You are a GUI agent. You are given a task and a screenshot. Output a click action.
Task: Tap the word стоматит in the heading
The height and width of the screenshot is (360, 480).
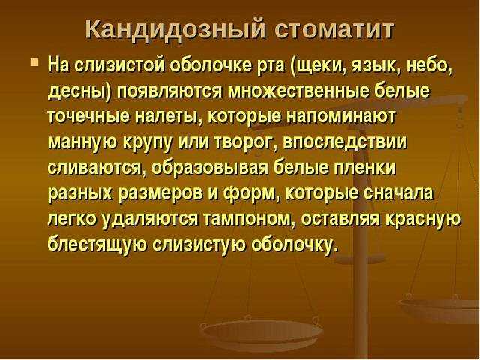(x=333, y=30)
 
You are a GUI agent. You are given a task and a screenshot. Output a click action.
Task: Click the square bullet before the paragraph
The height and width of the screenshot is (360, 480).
(x=34, y=62)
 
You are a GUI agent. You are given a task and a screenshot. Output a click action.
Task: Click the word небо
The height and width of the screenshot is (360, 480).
(x=429, y=65)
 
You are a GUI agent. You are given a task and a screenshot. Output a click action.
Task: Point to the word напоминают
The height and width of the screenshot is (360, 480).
(x=342, y=117)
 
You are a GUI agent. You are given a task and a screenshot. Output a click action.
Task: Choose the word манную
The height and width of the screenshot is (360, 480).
(x=82, y=143)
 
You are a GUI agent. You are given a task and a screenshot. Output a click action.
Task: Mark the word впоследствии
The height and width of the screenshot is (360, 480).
(x=345, y=142)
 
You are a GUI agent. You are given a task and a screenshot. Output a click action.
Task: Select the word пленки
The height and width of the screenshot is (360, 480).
(x=365, y=168)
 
